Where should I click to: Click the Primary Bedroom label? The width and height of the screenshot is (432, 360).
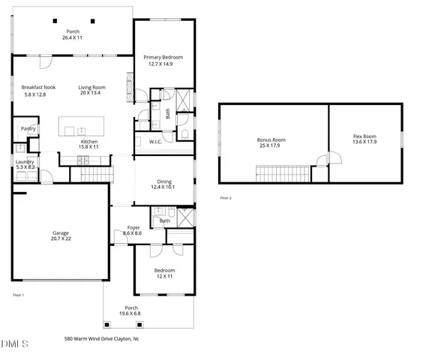click(163, 57)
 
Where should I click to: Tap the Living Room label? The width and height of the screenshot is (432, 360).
click(92, 88)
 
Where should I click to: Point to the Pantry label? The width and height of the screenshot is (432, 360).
click(28, 129)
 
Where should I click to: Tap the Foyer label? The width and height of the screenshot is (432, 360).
click(133, 227)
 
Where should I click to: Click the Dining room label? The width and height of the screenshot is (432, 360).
click(164, 181)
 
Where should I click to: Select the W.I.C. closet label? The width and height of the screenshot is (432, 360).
click(156, 141)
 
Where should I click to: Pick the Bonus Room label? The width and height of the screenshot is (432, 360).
click(271, 139)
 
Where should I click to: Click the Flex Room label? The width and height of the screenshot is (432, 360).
click(364, 136)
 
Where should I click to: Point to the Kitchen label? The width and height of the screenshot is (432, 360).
click(89, 141)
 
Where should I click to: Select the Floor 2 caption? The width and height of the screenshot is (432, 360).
click(226, 198)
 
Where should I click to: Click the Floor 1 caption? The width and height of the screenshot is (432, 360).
click(19, 295)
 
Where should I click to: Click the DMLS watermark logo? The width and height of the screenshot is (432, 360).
click(15, 343)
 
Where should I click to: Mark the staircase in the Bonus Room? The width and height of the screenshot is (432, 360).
click(283, 175)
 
